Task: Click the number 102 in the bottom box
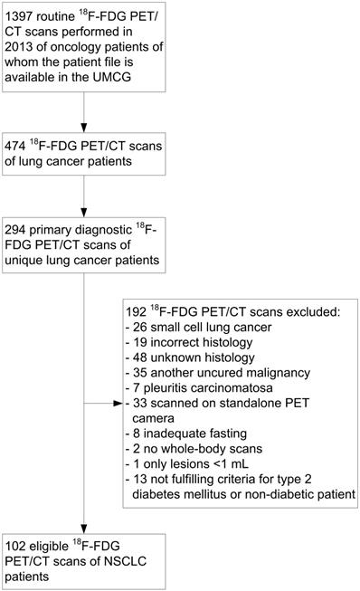click(x=21, y=545)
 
